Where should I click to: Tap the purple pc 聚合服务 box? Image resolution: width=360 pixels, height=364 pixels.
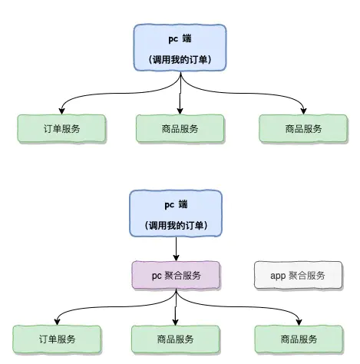point(177,275)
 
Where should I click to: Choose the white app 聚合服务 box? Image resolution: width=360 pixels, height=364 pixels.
point(298,275)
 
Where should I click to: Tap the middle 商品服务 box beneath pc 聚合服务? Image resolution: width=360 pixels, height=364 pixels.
point(177,339)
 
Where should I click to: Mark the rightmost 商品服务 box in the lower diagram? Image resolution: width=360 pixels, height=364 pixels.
point(298,339)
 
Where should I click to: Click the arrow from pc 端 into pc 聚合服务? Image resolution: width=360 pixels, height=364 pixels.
point(177,248)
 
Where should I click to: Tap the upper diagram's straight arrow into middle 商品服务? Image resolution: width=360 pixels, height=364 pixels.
point(180,96)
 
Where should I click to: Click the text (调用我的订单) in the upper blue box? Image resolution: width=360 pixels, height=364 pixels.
point(180,59)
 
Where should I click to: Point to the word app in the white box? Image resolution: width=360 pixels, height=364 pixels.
point(278,275)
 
